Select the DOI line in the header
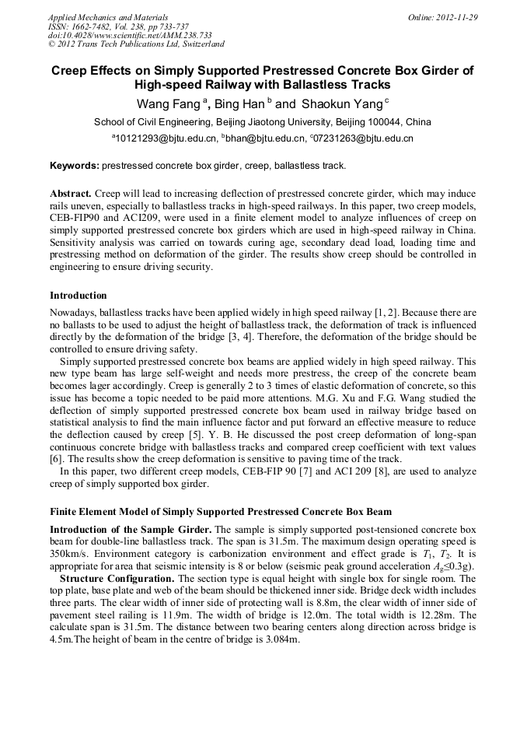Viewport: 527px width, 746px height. click(x=130, y=35)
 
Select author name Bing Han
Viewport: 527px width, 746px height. click(x=239, y=103)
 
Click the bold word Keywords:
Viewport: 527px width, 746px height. click(x=75, y=166)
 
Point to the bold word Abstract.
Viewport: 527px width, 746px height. click(x=71, y=192)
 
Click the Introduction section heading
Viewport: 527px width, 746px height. click(x=78, y=296)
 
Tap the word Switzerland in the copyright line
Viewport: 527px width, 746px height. click(x=198, y=44)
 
